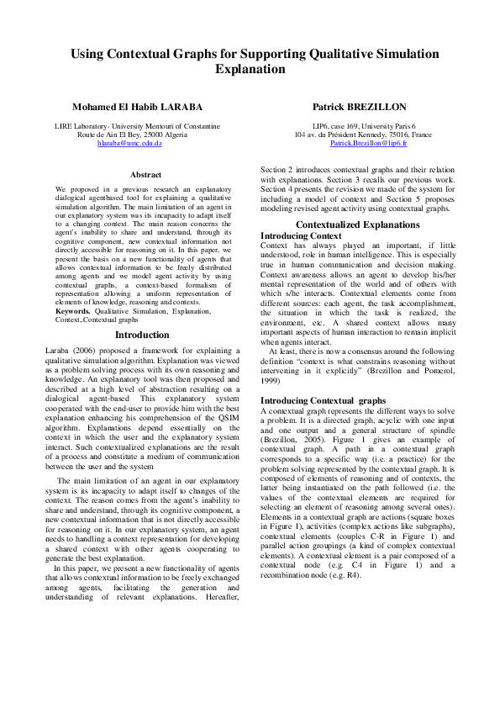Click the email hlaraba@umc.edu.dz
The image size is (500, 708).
129,144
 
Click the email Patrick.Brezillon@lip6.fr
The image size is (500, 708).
368,144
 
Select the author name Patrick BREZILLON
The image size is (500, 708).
359,108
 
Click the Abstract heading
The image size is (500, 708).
146,175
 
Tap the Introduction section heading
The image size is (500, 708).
141,335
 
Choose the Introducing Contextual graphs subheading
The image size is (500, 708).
323,400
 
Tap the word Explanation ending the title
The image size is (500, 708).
250,70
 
